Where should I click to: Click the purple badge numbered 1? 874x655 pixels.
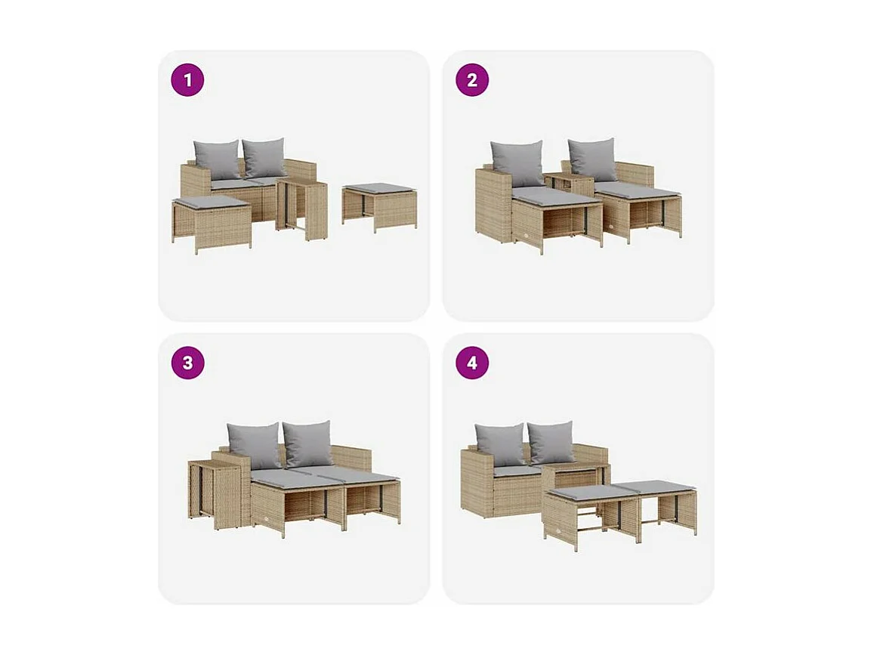187,80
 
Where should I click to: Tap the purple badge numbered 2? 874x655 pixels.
472,80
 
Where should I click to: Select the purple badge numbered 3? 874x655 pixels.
187,363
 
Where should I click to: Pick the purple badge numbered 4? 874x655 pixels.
472,363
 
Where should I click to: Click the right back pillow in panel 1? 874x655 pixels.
264,157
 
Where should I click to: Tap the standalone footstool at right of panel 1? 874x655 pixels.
378,205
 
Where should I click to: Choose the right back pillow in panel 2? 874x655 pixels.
593,159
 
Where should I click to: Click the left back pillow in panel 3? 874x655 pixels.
255,445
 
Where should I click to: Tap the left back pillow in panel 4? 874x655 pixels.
499,444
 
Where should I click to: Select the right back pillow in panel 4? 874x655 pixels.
551,443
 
